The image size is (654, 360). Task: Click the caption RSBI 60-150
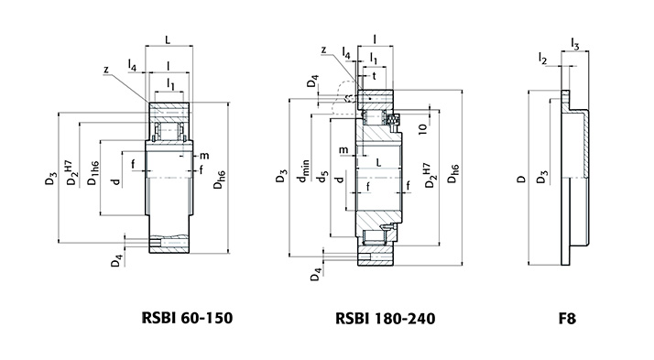[x=187, y=318]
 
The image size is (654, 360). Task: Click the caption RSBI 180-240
[x=385, y=319]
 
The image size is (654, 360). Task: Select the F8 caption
[x=567, y=319]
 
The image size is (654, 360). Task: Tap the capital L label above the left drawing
[x=168, y=39]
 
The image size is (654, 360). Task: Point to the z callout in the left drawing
[x=106, y=70]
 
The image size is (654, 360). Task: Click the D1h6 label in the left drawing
[x=93, y=173]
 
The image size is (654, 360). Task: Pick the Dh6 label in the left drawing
[x=220, y=180]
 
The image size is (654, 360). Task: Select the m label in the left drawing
[x=204, y=156]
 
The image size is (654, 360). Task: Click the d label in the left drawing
[x=116, y=181]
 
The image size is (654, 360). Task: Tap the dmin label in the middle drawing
[x=303, y=170]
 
